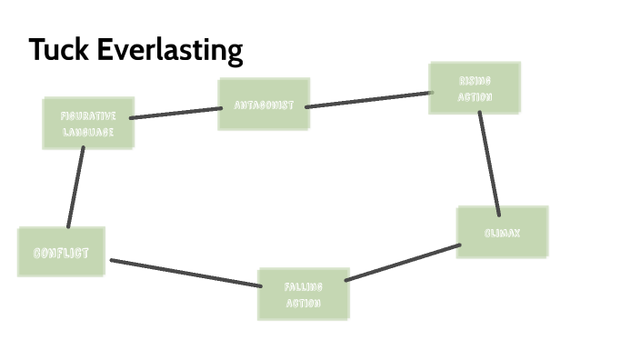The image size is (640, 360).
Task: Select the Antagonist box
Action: point(264,105)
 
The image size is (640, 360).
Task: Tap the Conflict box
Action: point(61,252)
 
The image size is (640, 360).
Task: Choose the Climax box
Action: point(502,233)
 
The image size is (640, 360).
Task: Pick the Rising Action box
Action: point(475,88)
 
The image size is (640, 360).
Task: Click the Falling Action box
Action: point(303,294)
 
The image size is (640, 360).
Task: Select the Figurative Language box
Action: point(87,124)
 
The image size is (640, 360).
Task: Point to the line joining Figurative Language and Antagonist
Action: point(176,113)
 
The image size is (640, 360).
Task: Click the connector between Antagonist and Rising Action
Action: point(368,99)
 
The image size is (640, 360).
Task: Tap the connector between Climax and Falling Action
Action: point(403,262)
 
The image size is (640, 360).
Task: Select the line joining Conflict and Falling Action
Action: point(185,273)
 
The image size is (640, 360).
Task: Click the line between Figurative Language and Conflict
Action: point(75,187)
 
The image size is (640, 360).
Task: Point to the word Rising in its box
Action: point(475,80)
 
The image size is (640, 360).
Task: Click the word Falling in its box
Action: point(303,285)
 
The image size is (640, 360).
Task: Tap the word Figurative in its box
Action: point(87,115)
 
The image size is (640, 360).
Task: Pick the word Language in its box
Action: point(87,132)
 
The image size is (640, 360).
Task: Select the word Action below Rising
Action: point(475,97)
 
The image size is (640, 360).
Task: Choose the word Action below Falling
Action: point(303,303)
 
